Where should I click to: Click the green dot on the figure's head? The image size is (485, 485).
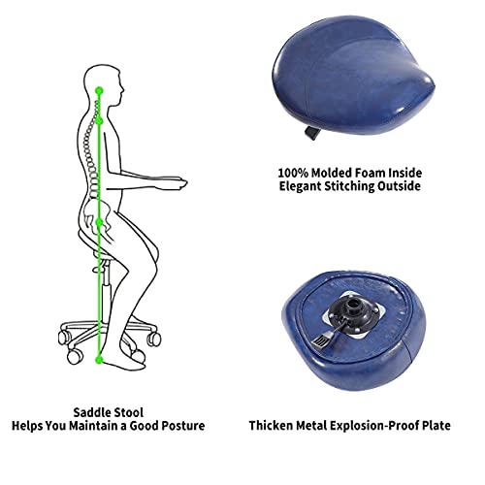coord(99,91)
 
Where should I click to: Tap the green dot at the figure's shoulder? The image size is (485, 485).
coord(100,120)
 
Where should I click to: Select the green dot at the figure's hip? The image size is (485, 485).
coord(100,222)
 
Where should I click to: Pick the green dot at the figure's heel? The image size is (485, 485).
coord(100,359)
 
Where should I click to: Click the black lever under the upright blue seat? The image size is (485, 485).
coord(311,133)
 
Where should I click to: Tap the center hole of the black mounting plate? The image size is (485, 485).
coord(353,305)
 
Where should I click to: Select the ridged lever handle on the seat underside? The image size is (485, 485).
coord(321,340)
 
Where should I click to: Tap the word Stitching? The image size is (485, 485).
coord(349,186)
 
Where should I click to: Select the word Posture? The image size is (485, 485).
coord(183,426)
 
